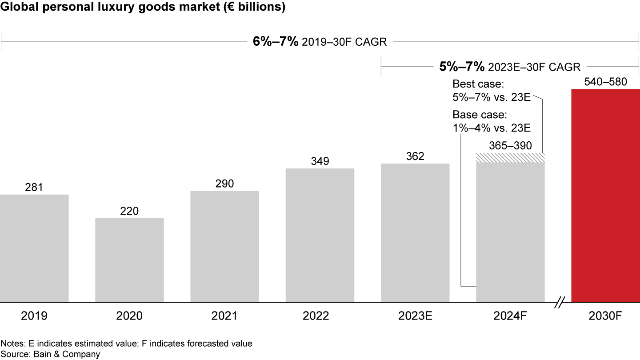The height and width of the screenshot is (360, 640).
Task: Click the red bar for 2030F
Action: click(x=605, y=196)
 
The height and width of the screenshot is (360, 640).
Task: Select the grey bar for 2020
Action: click(x=129, y=260)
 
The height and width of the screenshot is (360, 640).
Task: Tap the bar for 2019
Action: click(x=34, y=248)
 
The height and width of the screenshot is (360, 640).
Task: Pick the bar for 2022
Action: click(x=320, y=235)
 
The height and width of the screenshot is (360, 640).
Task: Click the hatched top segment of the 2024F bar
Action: click(x=510, y=158)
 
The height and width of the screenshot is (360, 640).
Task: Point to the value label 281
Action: click(x=34, y=188)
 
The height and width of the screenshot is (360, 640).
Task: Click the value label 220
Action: click(x=129, y=211)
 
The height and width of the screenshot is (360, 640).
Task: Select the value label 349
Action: click(x=320, y=161)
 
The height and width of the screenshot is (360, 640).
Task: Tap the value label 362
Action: click(x=415, y=156)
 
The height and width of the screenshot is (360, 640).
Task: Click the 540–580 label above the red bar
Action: click(x=605, y=82)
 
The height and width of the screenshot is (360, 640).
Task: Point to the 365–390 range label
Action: click(x=510, y=146)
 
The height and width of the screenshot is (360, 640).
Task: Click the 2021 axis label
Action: click(x=224, y=316)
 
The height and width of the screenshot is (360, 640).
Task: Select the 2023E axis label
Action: click(x=415, y=316)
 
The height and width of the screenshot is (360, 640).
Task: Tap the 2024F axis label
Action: click(x=510, y=316)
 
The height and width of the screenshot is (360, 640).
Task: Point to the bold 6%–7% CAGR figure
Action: click(x=276, y=42)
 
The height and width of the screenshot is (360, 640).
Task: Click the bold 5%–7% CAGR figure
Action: click(x=462, y=67)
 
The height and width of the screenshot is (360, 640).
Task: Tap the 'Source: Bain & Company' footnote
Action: click(x=50, y=354)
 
